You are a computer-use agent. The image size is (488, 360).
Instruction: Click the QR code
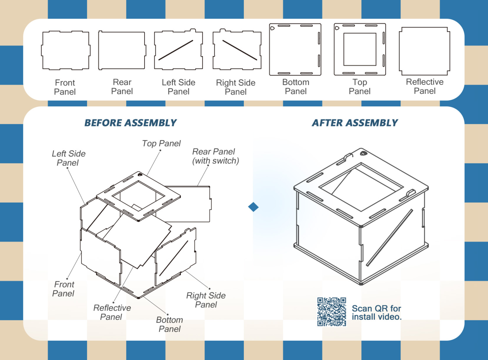click(x=332, y=312)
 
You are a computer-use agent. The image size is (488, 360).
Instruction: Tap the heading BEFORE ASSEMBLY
click(x=130, y=123)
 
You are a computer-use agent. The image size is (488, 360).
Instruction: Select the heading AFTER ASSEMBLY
click(x=355, y=123)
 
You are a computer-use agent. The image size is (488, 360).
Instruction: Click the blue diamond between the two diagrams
click(x=253, y=207)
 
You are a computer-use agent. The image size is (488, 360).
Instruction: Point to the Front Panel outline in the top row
click(x=66, y=51)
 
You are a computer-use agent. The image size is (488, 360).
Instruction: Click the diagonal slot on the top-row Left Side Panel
click(x=176, y=50)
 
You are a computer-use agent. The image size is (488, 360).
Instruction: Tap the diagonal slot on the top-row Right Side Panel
click(x=239, y=50)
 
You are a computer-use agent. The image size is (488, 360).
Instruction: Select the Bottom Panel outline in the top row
click(x=295, y=49)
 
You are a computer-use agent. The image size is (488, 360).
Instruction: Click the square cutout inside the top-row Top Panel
click(x=360, y=49)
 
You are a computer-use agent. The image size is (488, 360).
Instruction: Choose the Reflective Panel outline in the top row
click(x=425, y=51)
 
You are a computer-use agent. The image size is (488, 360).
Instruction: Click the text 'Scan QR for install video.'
click(x=377, y=313)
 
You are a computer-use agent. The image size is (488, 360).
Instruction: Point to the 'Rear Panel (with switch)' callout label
click(x=215, y=156)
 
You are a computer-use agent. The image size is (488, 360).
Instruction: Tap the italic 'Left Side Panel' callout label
click(x=69, y=158)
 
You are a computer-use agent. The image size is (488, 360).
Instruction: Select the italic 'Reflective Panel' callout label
click(x=112, y=312)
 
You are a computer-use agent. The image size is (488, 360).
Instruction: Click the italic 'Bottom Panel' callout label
click(x=170, y=324)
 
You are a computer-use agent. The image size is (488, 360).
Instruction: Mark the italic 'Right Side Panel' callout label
click(x=206, y=300)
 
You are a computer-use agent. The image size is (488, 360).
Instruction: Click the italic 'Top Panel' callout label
click(x=161, y=144)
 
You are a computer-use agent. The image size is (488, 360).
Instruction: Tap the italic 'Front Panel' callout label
click(x=63, y=289)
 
